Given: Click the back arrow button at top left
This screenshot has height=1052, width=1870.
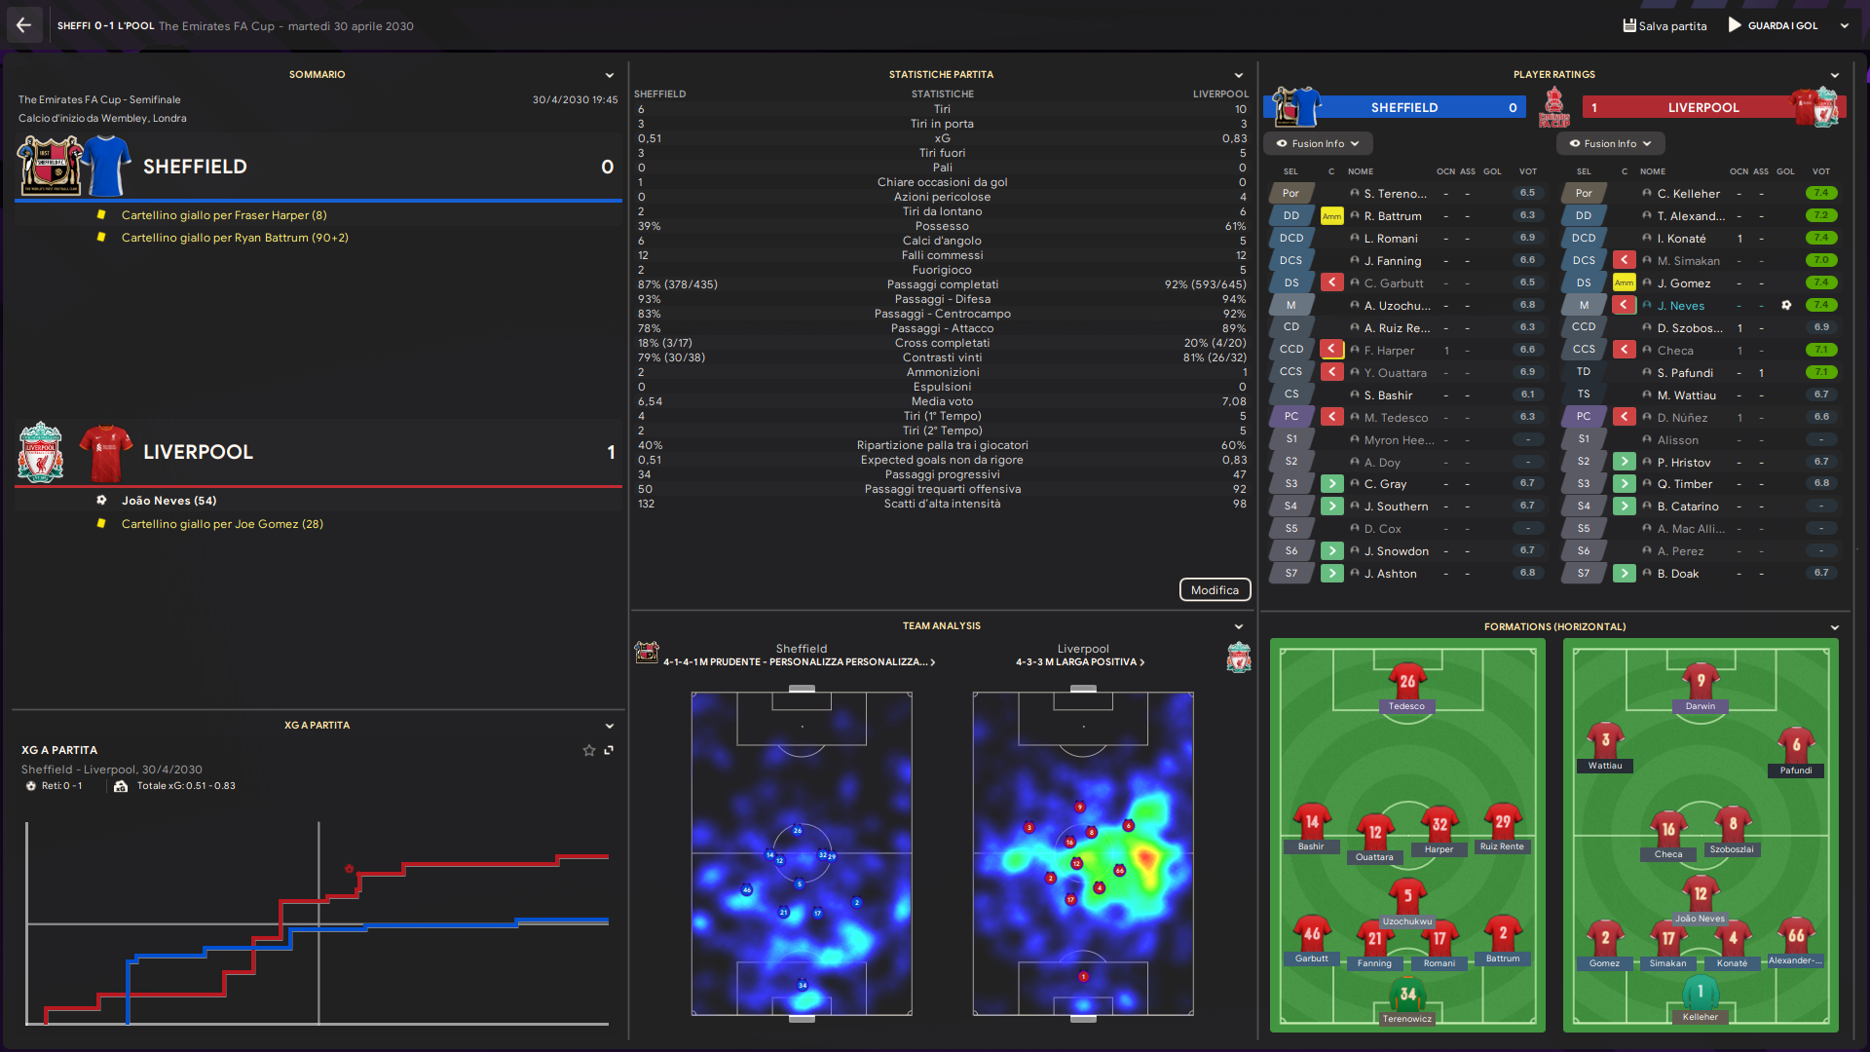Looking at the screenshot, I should tap(23, 26).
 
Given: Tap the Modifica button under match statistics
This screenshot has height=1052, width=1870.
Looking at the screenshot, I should tap(1215, 590).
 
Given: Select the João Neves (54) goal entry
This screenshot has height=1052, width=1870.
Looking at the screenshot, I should tap(168, 501).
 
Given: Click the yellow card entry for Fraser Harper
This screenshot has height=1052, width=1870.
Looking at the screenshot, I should tap(224, 215).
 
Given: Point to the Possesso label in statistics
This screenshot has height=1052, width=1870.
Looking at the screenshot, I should tap(942, 226).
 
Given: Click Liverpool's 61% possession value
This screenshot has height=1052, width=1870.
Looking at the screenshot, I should tap(1235, 226).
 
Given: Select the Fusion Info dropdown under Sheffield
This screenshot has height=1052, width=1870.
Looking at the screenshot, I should tap(1318, 144).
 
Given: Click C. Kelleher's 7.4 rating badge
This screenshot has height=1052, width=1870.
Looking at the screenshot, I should tap(1820, 194).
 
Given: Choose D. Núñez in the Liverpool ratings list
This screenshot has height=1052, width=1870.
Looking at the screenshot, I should tap(1682, 418).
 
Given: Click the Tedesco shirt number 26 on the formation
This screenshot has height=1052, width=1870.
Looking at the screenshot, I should tap(1407, 682).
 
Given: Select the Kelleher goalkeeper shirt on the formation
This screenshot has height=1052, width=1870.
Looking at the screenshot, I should tap(1701, 994).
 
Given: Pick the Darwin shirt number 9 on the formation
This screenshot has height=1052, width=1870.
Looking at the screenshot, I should tap(1701, 682).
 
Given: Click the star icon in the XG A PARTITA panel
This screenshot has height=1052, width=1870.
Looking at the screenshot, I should tap(588, 751).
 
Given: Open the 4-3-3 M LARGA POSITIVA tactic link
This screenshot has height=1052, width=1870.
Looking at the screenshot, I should tap(1079, 662).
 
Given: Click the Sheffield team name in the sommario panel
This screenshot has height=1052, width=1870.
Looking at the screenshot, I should tap(195, 167).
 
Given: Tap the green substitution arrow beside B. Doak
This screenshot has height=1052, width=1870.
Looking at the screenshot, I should tap(1624, 574).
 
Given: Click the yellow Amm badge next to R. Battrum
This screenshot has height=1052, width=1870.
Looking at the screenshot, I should tap(1331, 216).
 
